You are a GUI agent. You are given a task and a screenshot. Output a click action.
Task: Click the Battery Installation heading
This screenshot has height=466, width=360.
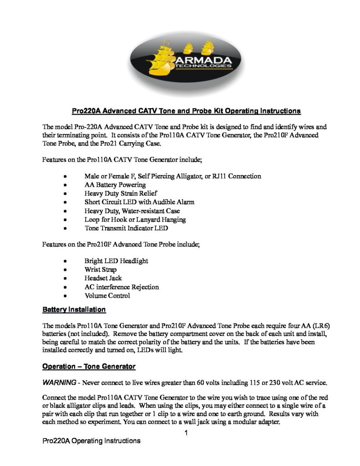(74, 310)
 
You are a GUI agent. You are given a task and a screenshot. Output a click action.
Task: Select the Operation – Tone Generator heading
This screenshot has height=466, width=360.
(89, 366)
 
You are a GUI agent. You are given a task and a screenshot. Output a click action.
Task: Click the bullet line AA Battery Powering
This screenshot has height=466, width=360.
(115, 185)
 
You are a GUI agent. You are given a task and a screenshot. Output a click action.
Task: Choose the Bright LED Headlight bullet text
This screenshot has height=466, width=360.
(116, 261)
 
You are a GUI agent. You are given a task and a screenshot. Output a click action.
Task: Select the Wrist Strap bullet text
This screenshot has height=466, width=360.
(100, 269)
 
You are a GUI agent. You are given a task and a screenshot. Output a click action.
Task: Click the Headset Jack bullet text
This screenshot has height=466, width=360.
(103, 278)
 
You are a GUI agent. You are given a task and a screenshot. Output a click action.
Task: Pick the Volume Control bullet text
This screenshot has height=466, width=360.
(107, 295)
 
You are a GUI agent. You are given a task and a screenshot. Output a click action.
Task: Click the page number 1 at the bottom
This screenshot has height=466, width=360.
(186, 433)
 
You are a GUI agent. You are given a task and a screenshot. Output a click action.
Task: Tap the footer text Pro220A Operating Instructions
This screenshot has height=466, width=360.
(90, 441)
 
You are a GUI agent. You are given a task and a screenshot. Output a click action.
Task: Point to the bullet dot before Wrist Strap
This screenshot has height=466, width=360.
(66, 270)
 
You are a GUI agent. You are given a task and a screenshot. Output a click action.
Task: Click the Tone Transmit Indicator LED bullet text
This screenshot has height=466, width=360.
(126, 228)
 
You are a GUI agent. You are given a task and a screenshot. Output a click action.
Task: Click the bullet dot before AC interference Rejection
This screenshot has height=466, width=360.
(66, 287)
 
